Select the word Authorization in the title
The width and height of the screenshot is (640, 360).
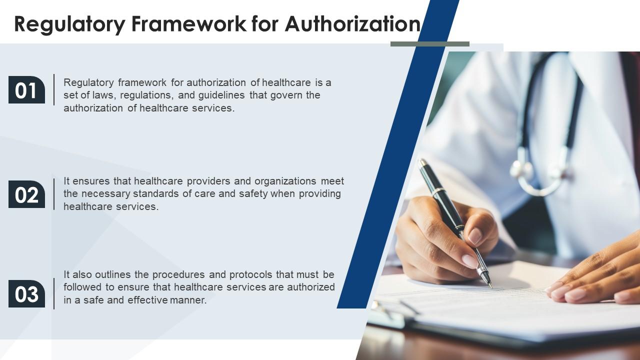tap(352, 24)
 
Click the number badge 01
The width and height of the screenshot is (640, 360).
tap(26, 90)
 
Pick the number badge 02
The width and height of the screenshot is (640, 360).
tap(26, 194)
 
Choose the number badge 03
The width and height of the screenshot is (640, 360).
tap(26, 294)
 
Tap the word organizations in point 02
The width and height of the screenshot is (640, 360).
tap(285, 181)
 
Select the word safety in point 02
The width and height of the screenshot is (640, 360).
tap(252, 194)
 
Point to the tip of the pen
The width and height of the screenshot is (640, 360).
tap(490, 286)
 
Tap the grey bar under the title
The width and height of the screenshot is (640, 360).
tap(429, 44)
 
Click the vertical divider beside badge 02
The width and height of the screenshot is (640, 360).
tap(54, 194)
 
